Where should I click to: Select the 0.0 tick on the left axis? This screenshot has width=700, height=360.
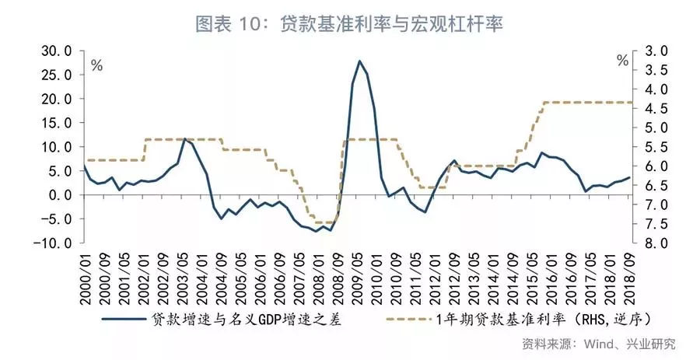coord(60,195)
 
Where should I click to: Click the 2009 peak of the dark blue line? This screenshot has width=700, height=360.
coord(359,61)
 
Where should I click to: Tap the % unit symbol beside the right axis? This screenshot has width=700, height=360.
coord(622,61)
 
